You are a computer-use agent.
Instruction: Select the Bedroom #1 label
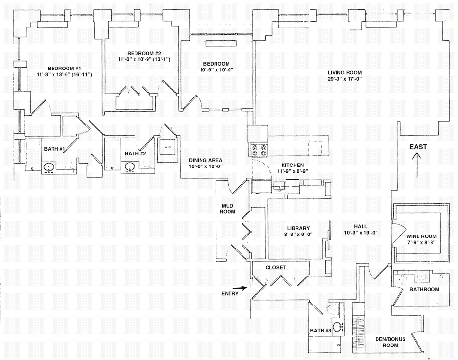[x=64, y=68]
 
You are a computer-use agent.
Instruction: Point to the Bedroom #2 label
[x=144, y=53]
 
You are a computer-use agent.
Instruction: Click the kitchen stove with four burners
[x=258, y=150]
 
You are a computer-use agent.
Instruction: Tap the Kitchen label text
[x=293, y=165]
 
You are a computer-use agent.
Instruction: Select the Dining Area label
[x=205, y=160]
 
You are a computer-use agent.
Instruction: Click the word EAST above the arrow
[x=418, y=147]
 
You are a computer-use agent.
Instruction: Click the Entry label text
[x=230, y=293]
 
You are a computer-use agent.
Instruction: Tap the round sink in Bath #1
[x=49, y=168]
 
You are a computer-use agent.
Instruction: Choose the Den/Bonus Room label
[x=391, y=342]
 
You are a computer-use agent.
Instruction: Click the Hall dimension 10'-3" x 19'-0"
[x=360, y=233]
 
